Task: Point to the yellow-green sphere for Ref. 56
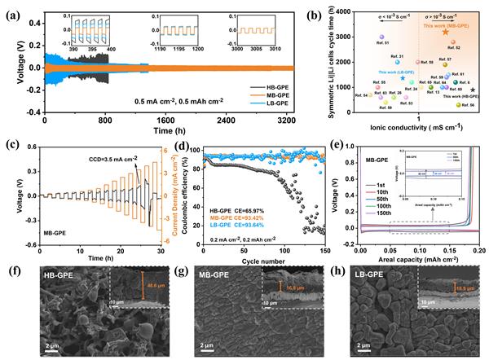pos(458,105)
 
